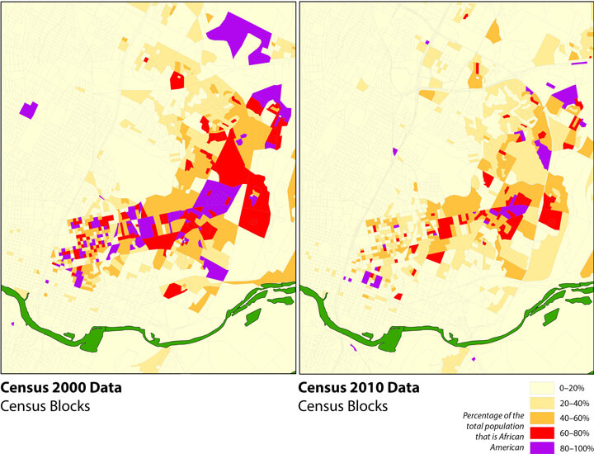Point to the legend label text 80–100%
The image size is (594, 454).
pos(577,447)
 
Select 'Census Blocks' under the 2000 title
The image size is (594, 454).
pos(45,406)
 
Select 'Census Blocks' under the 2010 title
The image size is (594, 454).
pos(342,406)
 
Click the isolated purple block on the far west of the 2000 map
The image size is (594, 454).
pos(30,109)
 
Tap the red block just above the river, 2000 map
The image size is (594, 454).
pos(174,291)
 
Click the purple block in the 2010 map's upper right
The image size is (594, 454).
pos(564,97)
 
